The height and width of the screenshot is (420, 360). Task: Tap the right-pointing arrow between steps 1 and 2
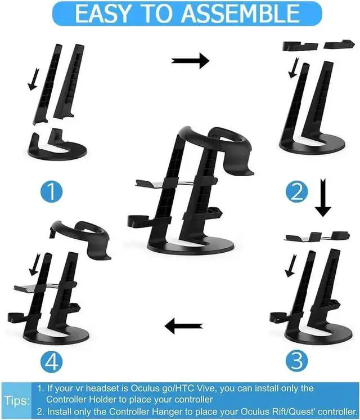(190, 59)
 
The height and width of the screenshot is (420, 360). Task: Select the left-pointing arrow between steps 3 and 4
(183, 324)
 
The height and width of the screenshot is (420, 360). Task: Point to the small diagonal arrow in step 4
(35, 261)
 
